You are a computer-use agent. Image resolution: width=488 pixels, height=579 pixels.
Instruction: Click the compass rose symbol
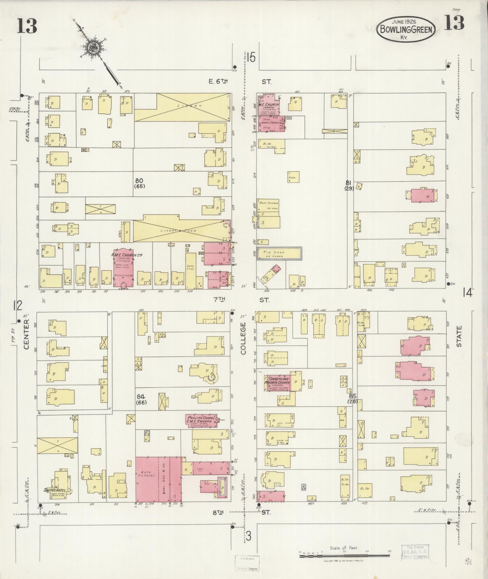click(x=93, y=48)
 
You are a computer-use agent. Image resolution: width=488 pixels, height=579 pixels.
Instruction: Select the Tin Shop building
click(x=279, y=253)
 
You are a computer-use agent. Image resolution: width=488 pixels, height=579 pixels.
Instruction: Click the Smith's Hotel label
click(x=54, y=489)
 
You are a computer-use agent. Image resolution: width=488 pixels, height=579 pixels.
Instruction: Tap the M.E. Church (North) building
click(x=268, y=105)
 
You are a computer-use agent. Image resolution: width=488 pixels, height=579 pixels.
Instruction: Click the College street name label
click(x=244, y=338)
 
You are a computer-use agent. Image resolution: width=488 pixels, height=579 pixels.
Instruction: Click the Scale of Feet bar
click(x=344, y=555)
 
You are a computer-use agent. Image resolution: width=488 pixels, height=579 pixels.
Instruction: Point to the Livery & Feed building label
click(x=181, y=231)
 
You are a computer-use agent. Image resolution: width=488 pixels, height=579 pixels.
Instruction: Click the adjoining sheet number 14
click(x=467, y=293)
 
